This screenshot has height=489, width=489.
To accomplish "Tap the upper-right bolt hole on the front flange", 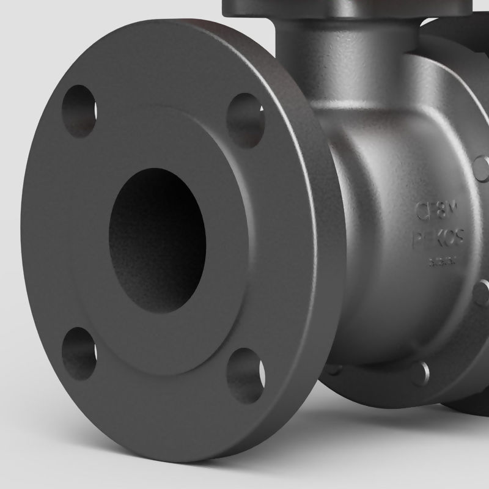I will click(245, 120).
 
